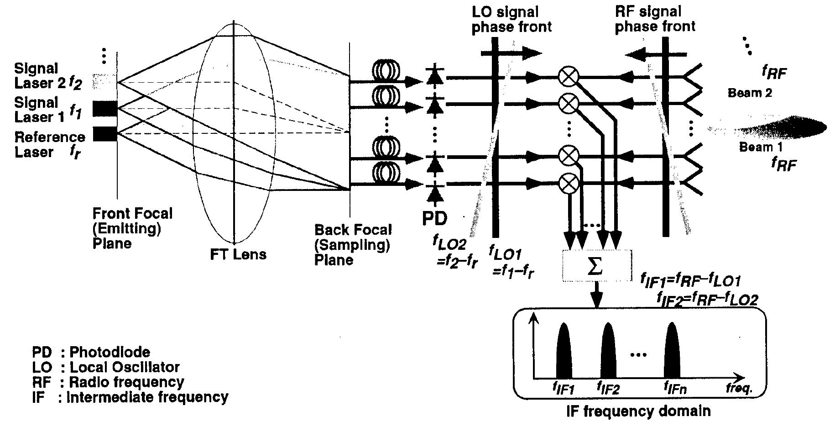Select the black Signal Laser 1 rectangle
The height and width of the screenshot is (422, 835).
(x=105, y=109)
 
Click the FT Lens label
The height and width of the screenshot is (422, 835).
(x=238, y=254)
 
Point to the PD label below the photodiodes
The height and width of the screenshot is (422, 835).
(x=434, y=218)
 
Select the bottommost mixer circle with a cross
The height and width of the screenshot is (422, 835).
(x=569, y=184)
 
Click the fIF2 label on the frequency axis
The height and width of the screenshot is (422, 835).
(x=608, y=388)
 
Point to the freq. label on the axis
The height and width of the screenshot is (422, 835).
(x=739, y=388)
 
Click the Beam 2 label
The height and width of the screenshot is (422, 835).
(x=750, y=93)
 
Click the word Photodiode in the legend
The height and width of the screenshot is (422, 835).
(x=110, y=352)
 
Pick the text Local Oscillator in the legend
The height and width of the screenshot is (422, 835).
(x=124, y=367)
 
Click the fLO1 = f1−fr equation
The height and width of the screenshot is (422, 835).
(x=511, y=262)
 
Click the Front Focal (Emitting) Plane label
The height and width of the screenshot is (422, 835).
(x=132, y=228)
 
